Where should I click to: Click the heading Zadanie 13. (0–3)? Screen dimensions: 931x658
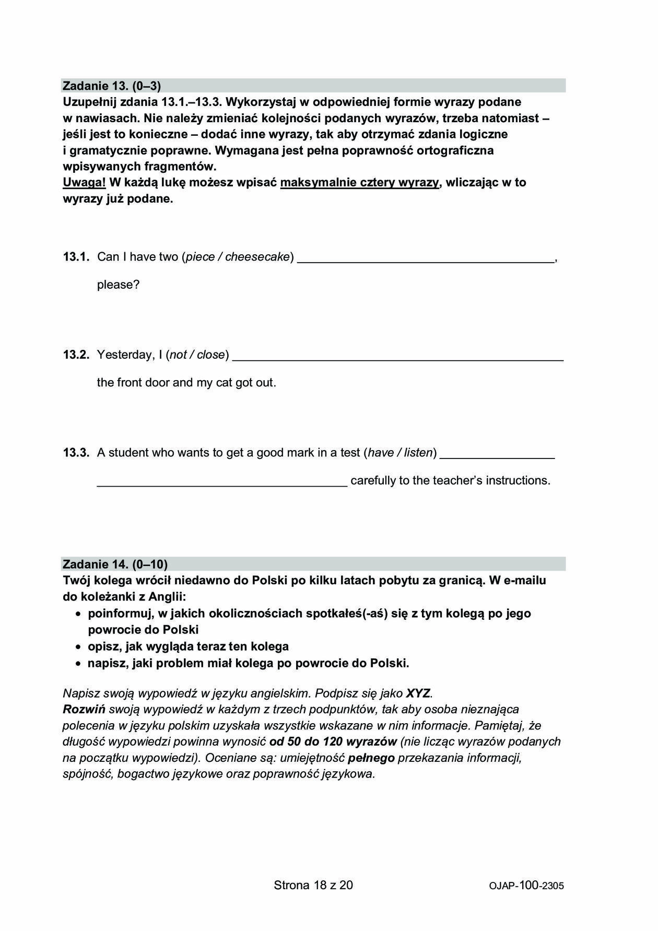pyautogui.click(x=112, y=86)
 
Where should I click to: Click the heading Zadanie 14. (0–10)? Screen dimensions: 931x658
pyautogui.click(x=115, y=564)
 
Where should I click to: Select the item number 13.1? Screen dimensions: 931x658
pyautogui.click(x=76, y=257)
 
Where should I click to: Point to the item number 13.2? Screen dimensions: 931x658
pyautogui.click(x=76, y=355)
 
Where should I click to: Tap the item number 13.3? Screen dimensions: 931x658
pyautogui.click(x=76, y=453)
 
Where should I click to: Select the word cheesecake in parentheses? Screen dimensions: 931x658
pyautogui.click(x=257, y=257)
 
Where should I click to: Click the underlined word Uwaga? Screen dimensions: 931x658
pyautogui.click(x=84, y=183)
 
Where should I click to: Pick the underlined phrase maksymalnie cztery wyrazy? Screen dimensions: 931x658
pyautogui.click(x=360, y=183)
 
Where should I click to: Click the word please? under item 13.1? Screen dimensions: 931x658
pyautogui.click(x=119, y=285)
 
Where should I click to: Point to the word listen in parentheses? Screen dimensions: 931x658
pyautogui.click(x=419, y=453)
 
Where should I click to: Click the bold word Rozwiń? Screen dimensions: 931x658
pyautogui.click(x=84, y=710)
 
